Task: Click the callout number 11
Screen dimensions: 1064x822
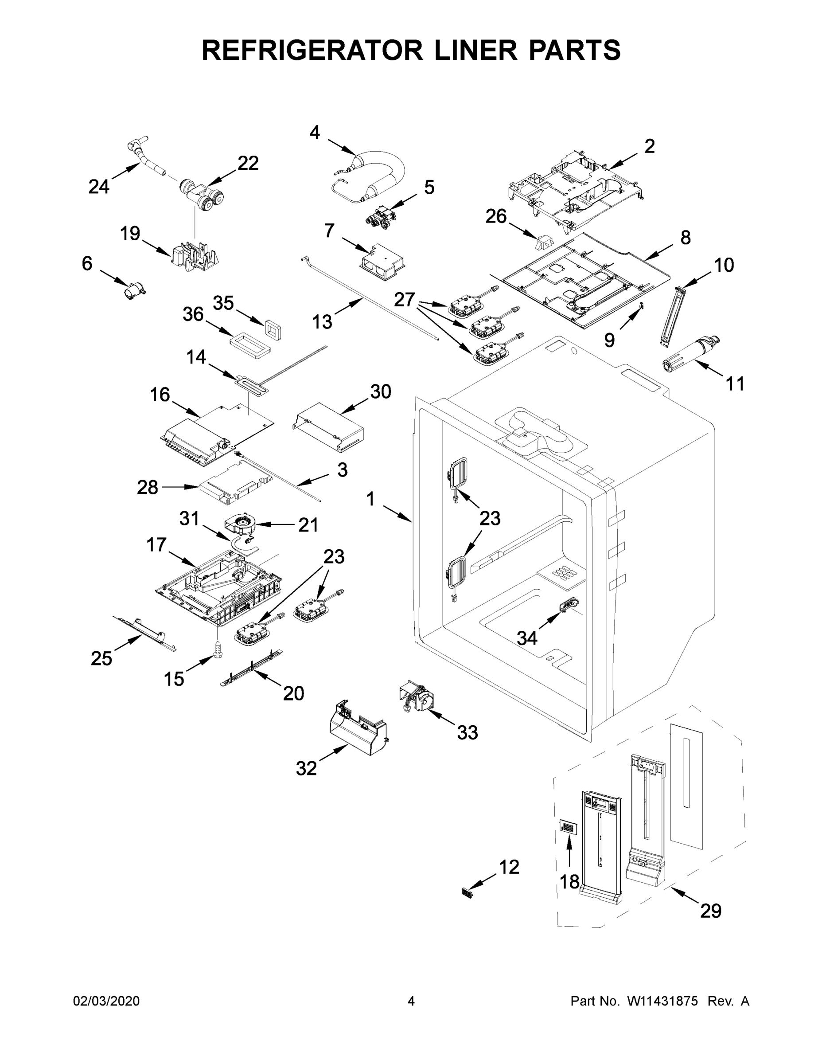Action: click(x=735, y=384)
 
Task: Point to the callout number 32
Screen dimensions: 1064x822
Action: click(x=306, y=768)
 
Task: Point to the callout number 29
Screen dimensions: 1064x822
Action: click(x=710, y=911)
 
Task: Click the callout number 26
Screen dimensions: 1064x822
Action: click(x=496, y=216)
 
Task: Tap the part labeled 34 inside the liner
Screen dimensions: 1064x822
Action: click(x=568, y=605)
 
